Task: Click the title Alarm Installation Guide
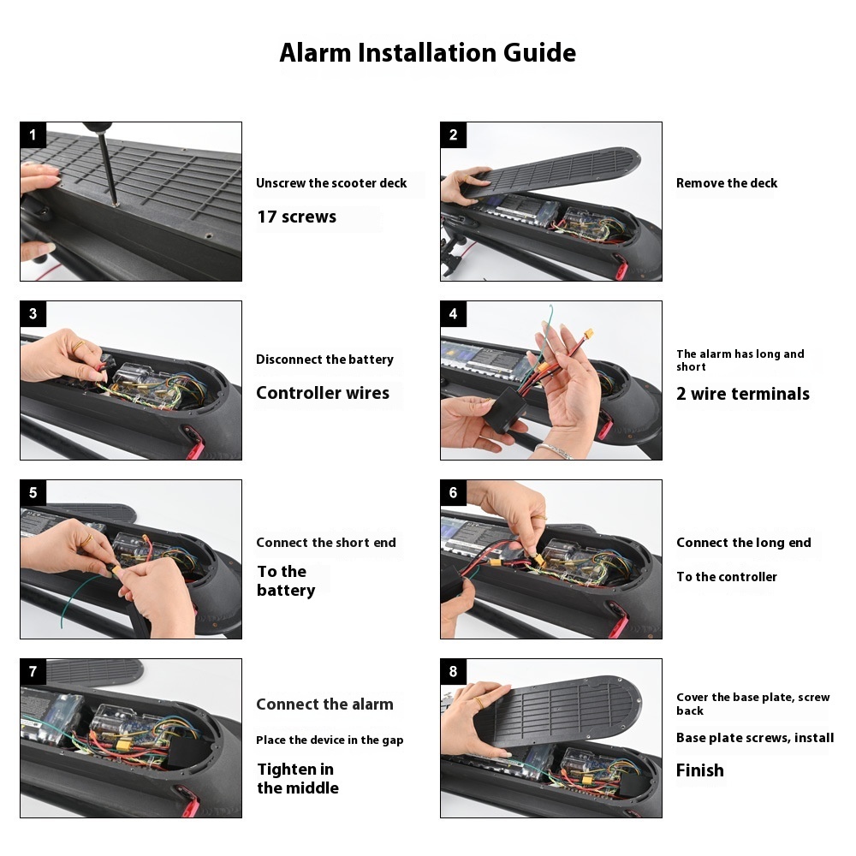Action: tap(427, 53)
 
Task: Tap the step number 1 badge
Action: tap(33, 135)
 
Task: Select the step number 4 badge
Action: tap(453, 314)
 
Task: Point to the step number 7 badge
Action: tap(33, 671)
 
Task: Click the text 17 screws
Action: tap(297, 217)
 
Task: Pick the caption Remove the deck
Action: tap(727, 183)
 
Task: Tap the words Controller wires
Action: tap(323, 393)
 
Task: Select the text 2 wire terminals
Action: tap(743, 394)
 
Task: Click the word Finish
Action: tap(700, 770)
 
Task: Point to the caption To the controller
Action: tap(727, 576)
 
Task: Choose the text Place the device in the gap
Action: tap(330, 740)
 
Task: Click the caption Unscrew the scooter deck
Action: tap(331, 183)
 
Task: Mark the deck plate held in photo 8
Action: tap(557, 710)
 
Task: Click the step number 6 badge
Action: tap(453, 493)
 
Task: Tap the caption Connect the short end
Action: tap(326, 543)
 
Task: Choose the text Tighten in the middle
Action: tap(298, 778)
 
